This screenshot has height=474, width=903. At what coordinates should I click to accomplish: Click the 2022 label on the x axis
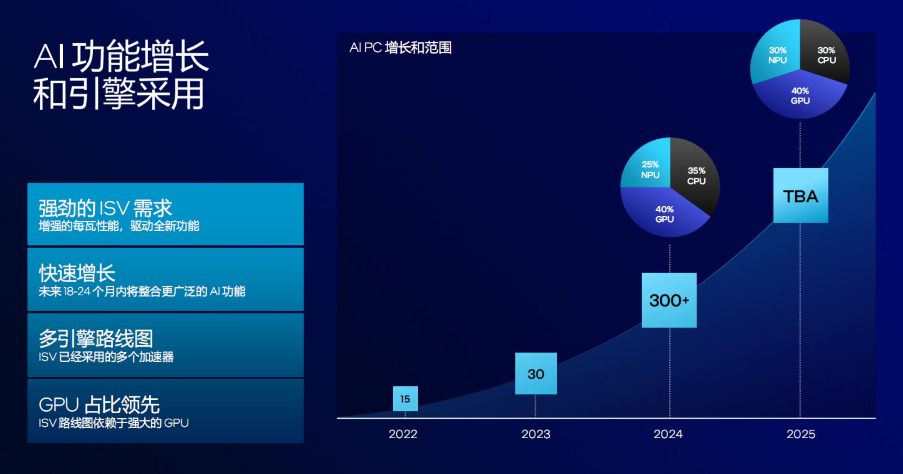(x=403, y=434)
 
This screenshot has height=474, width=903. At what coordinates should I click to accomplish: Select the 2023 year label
(x=536, y=434)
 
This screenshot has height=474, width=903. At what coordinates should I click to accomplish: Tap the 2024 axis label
(x=668, y=434)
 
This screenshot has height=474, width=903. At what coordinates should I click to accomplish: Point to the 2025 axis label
(x=801, y=434)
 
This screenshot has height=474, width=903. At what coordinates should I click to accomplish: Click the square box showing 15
(x=405, y=399)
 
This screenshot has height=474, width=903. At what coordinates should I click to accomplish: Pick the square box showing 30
(x=536, y=373)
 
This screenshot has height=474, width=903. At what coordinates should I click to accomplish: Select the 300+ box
(x=669, y=300)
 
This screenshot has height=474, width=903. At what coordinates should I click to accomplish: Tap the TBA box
(x=801, y=195)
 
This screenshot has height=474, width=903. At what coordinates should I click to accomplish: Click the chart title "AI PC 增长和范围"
(x=400, y=48)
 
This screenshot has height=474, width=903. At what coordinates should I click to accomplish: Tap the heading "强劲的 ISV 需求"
(x=105, y=208)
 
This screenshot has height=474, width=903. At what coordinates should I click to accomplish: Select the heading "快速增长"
(x=77, y=273)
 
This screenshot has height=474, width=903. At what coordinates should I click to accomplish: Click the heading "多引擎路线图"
(x=96, y=338)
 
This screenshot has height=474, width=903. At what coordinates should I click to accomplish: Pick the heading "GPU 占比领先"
(x=99, y=405)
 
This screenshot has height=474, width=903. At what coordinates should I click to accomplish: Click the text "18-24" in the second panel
(x=77, y=291)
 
